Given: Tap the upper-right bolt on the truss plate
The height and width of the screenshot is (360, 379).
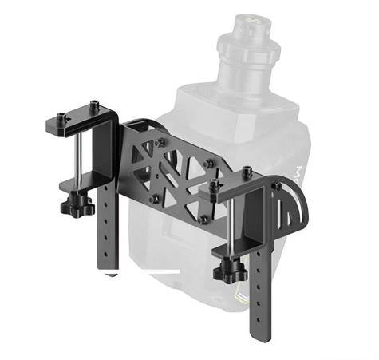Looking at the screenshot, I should (x=209, y=163).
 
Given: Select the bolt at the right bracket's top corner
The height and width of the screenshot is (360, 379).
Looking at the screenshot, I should (x=276, y=185).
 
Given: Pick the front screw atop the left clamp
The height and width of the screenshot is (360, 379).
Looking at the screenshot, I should (x=61, y=119).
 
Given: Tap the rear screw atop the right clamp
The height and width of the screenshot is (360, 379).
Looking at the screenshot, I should (x=248, y=171).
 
